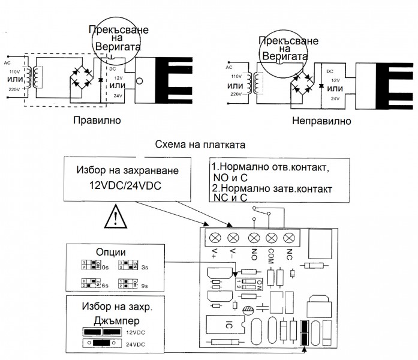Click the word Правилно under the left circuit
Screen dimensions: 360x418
[97, 121]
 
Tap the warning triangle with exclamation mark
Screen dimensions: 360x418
[115, 218]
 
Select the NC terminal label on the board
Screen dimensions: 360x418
[290, 253]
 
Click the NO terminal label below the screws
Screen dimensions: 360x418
[253, 253]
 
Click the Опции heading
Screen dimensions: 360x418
[110, 252]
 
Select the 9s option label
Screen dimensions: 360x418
[144, 286]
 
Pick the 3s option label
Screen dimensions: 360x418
[144, 267]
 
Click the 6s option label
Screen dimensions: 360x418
[106, 286]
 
